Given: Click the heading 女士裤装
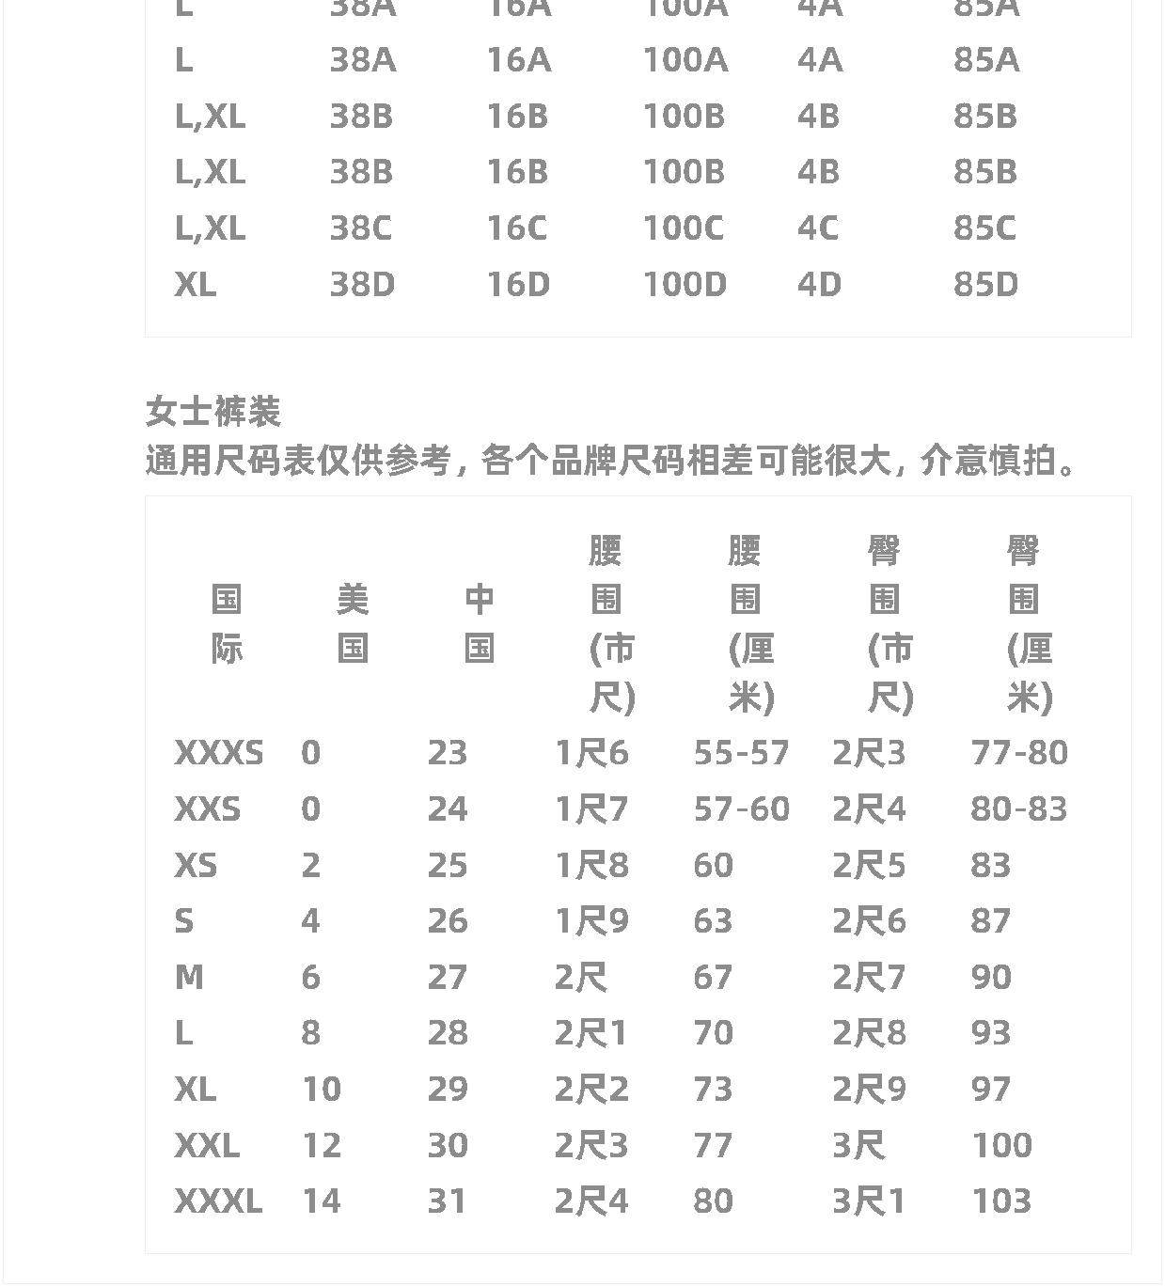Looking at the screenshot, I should click(213, 412).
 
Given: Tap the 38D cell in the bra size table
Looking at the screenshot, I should click(362, 284).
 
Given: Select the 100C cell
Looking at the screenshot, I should click(683, 228).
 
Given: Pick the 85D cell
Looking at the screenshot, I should click(985, 284).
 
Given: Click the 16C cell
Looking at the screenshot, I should click(516, 228).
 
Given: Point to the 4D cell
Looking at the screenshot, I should click(819, 284).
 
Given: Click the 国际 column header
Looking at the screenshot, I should click(227, 623).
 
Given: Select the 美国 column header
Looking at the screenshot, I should click(353, 623).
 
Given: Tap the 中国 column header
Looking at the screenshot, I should click(480, 623).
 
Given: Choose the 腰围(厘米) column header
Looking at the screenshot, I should click(750, 623).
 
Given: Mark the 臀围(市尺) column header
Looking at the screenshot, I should click(889, 623).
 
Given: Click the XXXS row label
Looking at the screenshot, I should click(219, 753).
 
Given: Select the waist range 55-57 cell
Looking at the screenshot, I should click(741, 753).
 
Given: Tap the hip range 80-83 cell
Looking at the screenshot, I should click(1018, 809).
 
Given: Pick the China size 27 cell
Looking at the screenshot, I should click(448, 978).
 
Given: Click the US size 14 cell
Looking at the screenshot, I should click(321, 1201).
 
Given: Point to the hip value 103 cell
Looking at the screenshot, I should click(1001, 1201).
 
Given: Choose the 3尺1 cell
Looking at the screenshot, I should click(868, 1201).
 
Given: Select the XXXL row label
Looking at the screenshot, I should click(218, 1201).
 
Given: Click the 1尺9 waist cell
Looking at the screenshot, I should click(591, 921).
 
